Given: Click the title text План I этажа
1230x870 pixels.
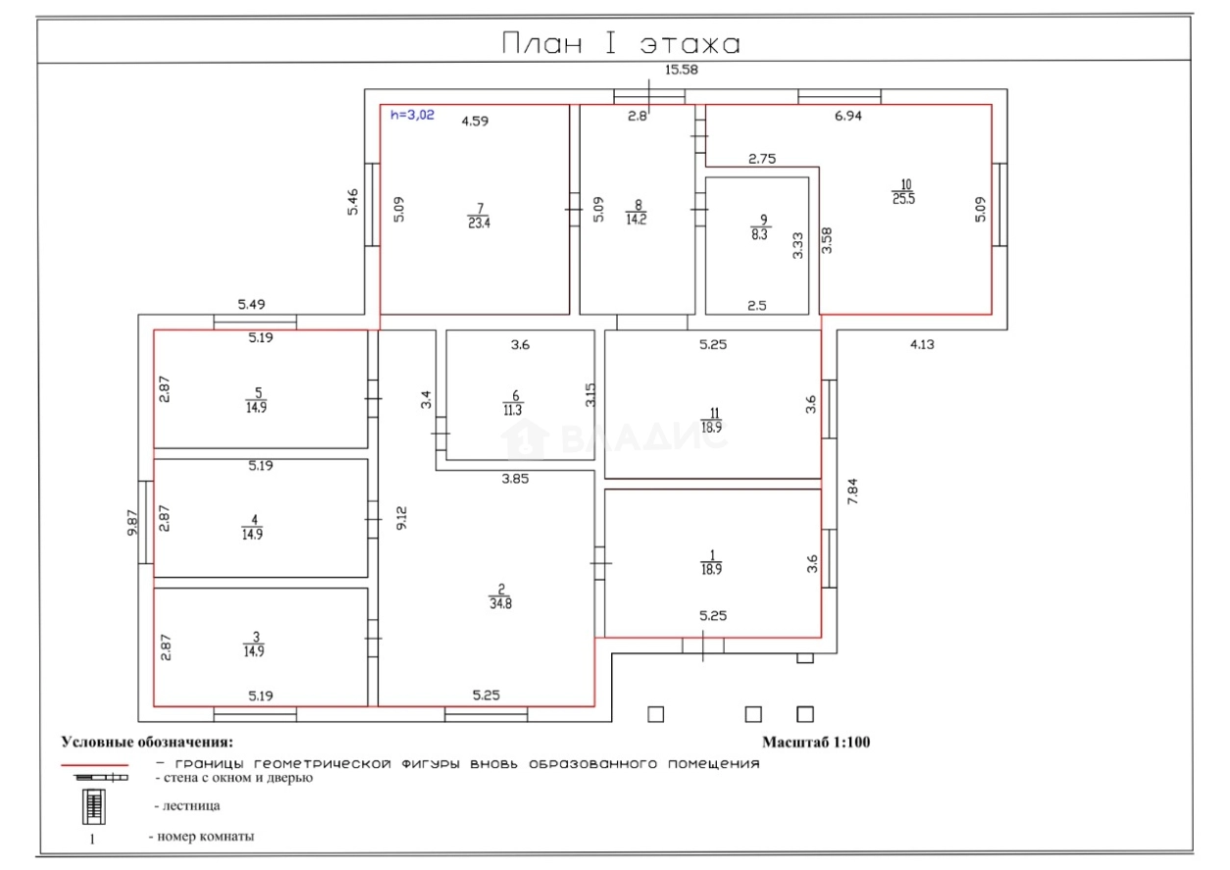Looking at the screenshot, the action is pyautogui.click(x=621, y=43).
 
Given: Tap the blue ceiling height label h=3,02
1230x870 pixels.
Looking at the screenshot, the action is pyautogui.click(x=412, y=115).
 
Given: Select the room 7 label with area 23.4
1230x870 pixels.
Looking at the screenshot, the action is pyautogui.click(x=479, y=216).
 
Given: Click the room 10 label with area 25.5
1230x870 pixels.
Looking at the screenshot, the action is pyautogui.click(x=903, y=191).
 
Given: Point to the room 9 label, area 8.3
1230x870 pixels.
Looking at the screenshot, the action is pyautogui.click(x=760, y=228).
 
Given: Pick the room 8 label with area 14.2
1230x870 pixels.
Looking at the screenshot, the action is pyautogui.click(x=637, y=213).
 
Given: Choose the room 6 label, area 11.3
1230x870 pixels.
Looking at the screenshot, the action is pyautogui.click(x=513, y=403).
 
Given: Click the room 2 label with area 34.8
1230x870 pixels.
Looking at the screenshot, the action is pyautogui.click(x=500, y=596).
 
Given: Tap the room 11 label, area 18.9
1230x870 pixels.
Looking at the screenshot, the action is pyautogui.click(x=712, y=420).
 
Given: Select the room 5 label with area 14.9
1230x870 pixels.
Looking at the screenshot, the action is pyautogui.click(x=256, y=400).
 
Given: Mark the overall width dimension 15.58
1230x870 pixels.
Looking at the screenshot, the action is pyautogui.click(x=682, y=70).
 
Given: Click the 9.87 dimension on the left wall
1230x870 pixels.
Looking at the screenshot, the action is pyautogui.click(x=132, y=523).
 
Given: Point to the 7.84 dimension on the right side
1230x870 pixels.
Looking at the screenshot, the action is pyautogui.click(x=852, y=491).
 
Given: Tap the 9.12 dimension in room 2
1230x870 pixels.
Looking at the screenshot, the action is pyautogui.click(x=402, y=518).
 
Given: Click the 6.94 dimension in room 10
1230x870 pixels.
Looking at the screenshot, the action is pyautogui.click(x=847, y=116).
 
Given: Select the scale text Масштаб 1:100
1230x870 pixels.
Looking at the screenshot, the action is pyautogui.click(x=816, y=742).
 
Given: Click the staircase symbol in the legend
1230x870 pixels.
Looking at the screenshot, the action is pyautogui.click(x=94, y=806).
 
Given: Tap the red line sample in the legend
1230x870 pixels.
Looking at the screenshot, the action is pyautogui.click(x=94, y=764).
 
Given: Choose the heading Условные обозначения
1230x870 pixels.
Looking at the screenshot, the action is pyautogui.click(x=147, y=742).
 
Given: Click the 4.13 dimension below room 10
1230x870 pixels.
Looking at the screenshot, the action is pyautogui.click(x=922, y=344).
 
